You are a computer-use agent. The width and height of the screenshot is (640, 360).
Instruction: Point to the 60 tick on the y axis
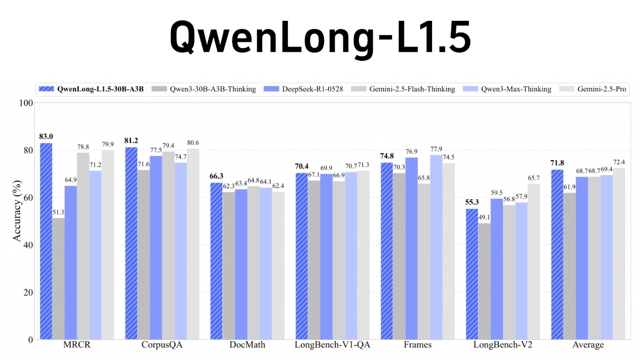[x=28, y=197]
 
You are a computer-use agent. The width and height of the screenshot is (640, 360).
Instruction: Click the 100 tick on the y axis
[x=26, y=102]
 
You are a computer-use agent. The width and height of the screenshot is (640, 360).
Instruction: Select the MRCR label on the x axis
[x=77, y=345]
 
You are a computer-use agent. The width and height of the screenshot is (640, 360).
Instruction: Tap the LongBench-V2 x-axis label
[x=503, y=345]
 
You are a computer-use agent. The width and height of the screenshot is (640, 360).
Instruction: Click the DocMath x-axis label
[x=247, y=345]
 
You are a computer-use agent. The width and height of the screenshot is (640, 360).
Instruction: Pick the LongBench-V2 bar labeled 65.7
[x=534, y=261]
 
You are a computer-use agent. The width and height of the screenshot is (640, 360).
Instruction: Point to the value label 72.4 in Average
[x=619, y=162]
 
